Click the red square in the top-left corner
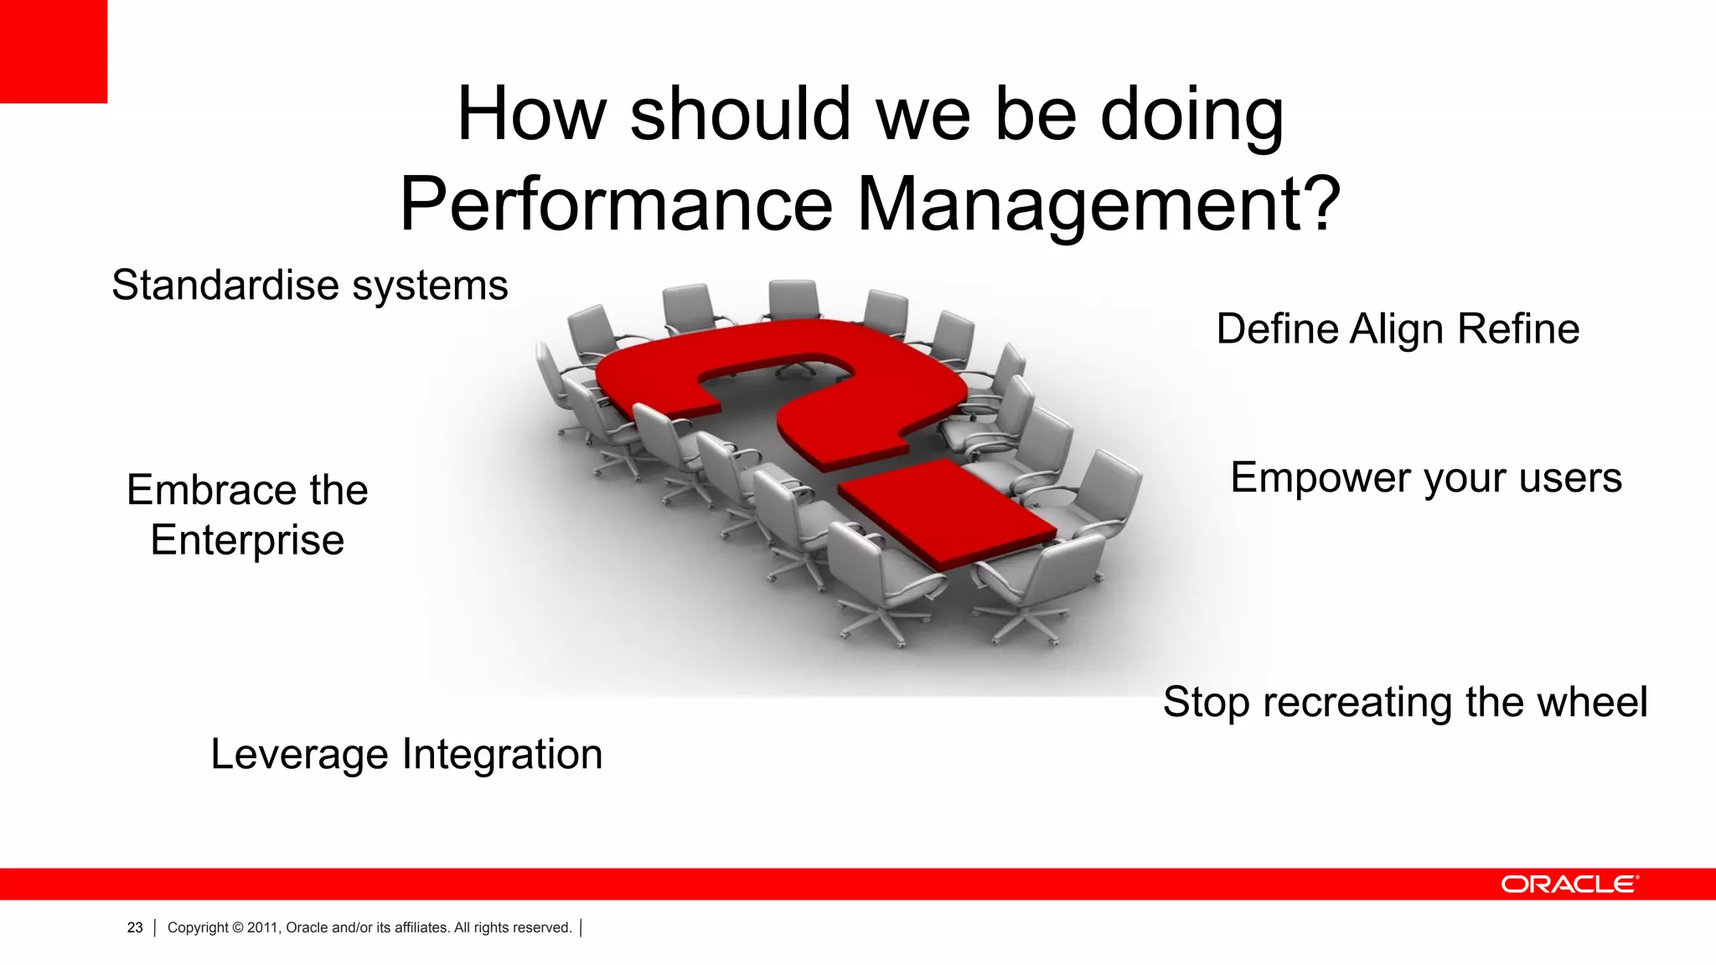pos(53,50)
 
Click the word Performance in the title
pos(616,204)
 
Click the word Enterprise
pos(247,540)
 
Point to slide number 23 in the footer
pos(135,927)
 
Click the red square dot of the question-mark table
pos(947,511)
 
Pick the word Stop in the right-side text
pos(1207,703)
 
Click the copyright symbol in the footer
pos(238,927)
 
